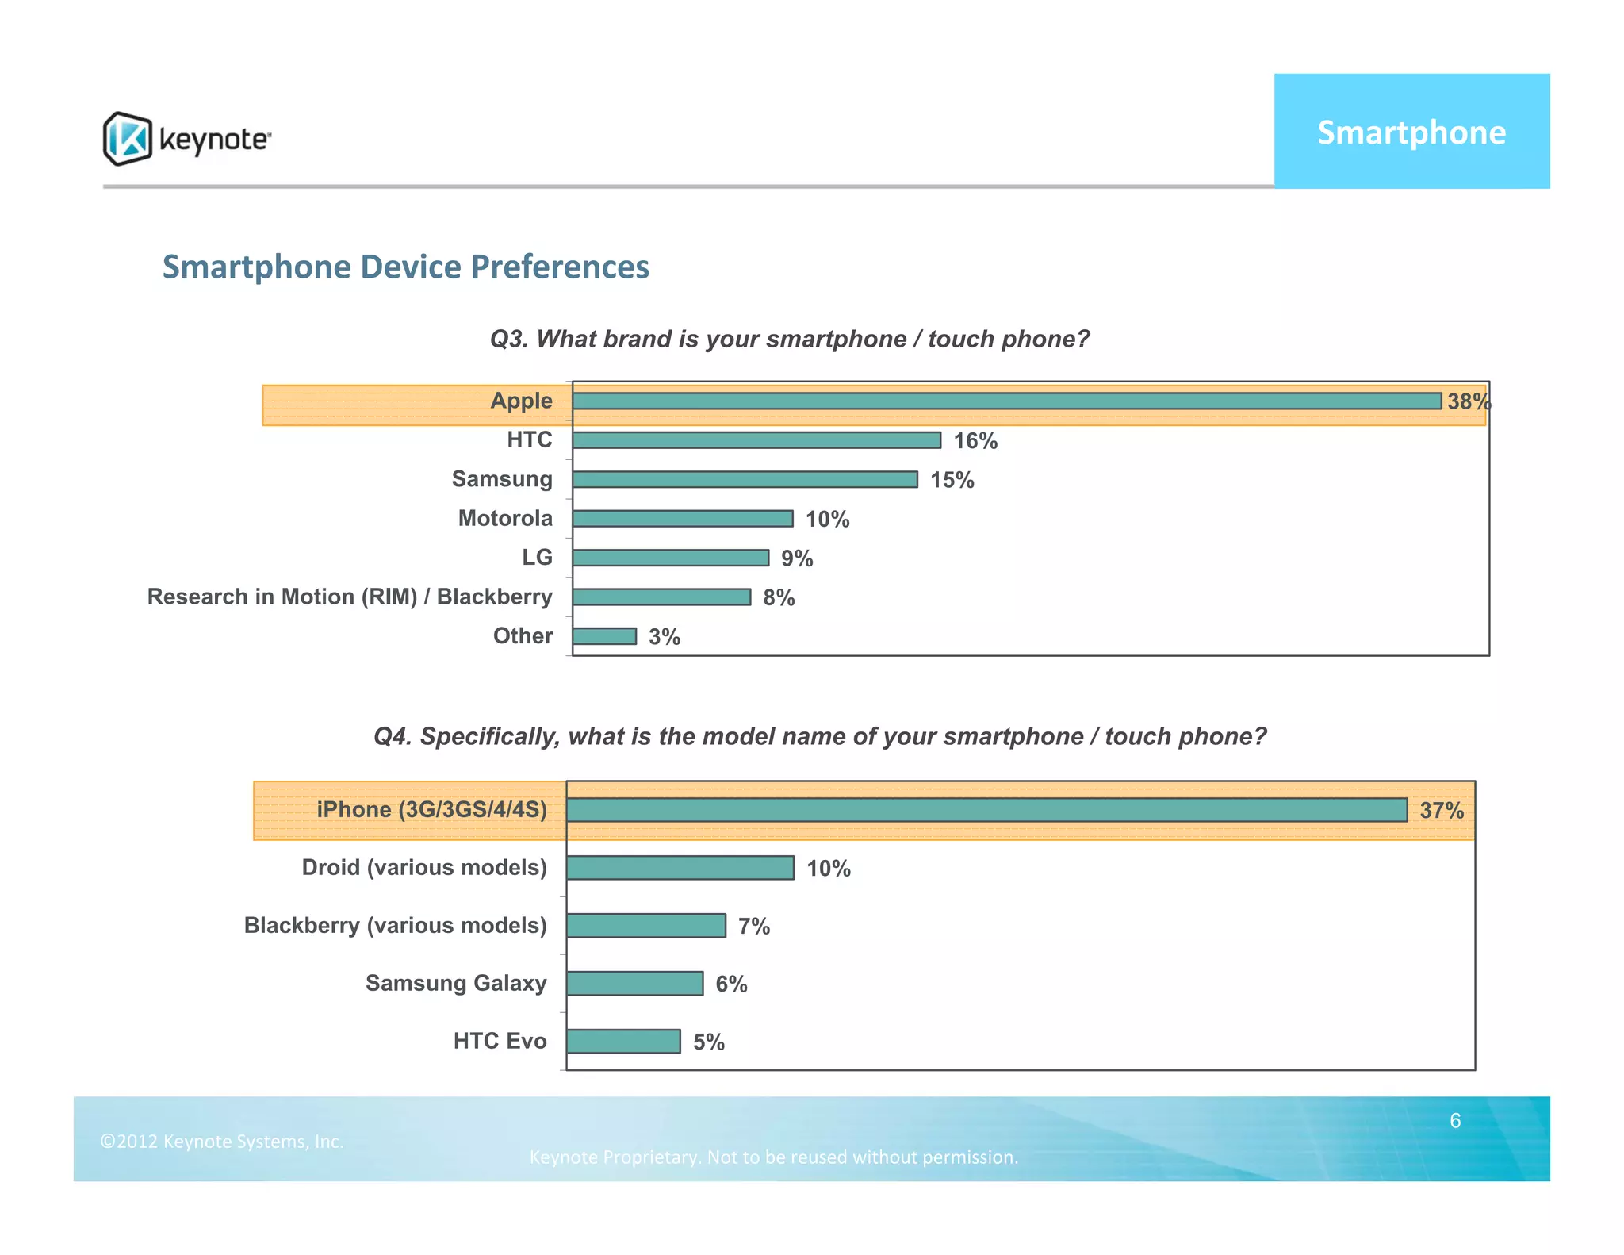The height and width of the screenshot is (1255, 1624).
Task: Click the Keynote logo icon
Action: pyautogui.click(x=127, y=139)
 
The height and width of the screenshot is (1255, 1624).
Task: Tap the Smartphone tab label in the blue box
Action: pyautogui.click(x=1411, y=132)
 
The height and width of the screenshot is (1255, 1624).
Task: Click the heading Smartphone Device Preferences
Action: pyautogui.click(x=405, y=267)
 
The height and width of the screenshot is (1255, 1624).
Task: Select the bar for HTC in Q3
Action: pyautogui.click(x=756, y=440)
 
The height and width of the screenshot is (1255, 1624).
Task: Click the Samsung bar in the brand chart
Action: pyautogui.click(x=744, y=479)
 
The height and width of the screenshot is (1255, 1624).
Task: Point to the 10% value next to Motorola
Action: pyautogui.click(x=827, y=520)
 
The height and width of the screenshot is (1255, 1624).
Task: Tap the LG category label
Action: pyautogui.click(x=537, y=558)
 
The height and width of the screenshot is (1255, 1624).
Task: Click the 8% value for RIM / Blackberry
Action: pyautogui.click(x=779, y=598)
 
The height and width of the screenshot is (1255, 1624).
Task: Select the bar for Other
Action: pyautogui.click(x=604, y=636)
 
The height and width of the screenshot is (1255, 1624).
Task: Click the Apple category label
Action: pyautogui.click(x=521, y=401)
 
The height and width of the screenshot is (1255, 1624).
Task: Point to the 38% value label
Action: pyautogui.click(x=1468, y=401)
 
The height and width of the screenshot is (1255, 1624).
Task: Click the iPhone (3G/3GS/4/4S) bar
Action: pyautogui.click(x=986, y=810)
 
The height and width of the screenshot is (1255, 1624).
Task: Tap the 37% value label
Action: pyautogui.click(x=1441, y=811)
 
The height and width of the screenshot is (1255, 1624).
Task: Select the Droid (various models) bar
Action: pyautogui.click(x=680, y=868)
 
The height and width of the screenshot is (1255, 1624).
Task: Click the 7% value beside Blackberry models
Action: pyautogui.click(x=753, y=927)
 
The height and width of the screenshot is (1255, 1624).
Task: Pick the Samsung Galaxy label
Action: pyautogui.click(x=456, y=984)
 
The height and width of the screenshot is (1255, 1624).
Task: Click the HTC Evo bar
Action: pyautogui.click(x=623, y=1042)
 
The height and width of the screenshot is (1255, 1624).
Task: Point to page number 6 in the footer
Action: pyautogui.click(x=1455, y=1121)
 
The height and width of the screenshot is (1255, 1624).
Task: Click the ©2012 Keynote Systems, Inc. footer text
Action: pyautogui.click(x=222, y=1142)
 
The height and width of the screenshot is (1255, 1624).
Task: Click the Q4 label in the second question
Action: pyautogui.click(x=392, y=737)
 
